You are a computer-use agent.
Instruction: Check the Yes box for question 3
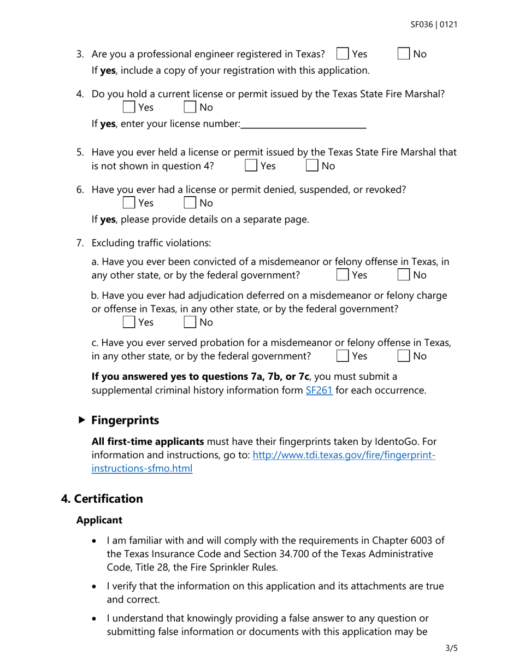click(343, 55)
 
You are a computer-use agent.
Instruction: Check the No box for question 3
click(403, 55)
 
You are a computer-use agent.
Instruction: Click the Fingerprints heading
click(125, 420)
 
